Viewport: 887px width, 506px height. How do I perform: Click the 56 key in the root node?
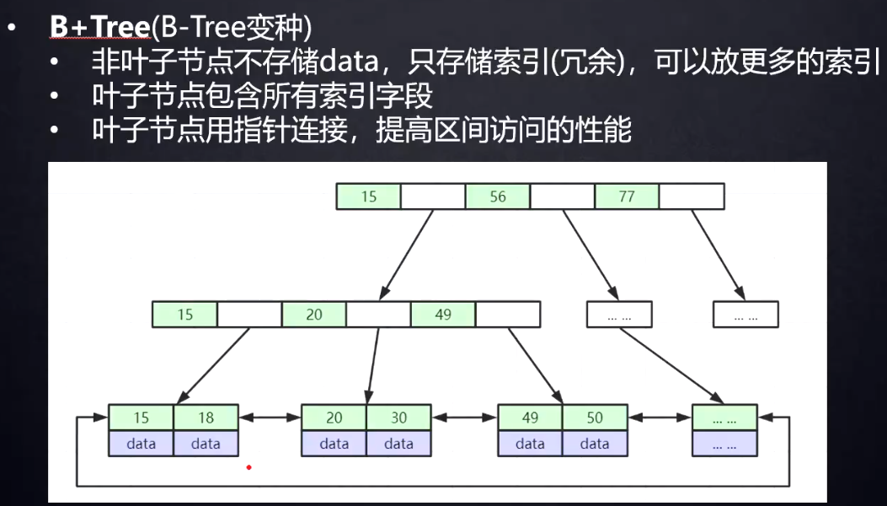click(x=498, y=196)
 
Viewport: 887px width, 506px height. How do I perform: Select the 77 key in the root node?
click(x=627, y=196)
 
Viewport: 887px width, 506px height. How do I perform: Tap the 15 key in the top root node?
click(x=368, y=196)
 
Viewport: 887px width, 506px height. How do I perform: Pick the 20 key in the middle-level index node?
click(x=314, y=315)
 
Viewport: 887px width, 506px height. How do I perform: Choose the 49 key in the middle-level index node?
click(x=443, y=315)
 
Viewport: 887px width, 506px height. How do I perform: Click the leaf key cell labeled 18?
click(x=206, y=417)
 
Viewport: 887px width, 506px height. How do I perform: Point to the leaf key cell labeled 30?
click(x=398, y=417)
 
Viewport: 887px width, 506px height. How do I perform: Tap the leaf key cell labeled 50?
click(x=595, y=417)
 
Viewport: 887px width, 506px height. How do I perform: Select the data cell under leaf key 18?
click(x=206, y=444)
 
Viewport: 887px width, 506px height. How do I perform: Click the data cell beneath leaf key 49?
click(x=530, y=444)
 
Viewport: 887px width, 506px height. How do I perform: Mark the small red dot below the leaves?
click(x=248, y=466)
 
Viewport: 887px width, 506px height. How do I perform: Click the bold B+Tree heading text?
click(x=99, y=27)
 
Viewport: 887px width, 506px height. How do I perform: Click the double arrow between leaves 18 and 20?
click(x=270, y=417)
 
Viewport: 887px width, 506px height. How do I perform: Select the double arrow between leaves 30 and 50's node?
click(x=464, y=417)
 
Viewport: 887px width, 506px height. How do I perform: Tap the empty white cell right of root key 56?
click(x=563, y=196)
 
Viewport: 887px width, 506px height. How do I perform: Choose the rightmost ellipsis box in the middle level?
click(x=745, y=315)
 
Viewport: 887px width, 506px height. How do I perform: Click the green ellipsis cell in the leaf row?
click(x=724, y=417)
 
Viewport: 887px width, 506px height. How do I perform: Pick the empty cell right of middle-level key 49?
click(x=508, y=315)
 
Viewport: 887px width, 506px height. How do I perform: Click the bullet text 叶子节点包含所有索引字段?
click(x=262, y=96)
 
